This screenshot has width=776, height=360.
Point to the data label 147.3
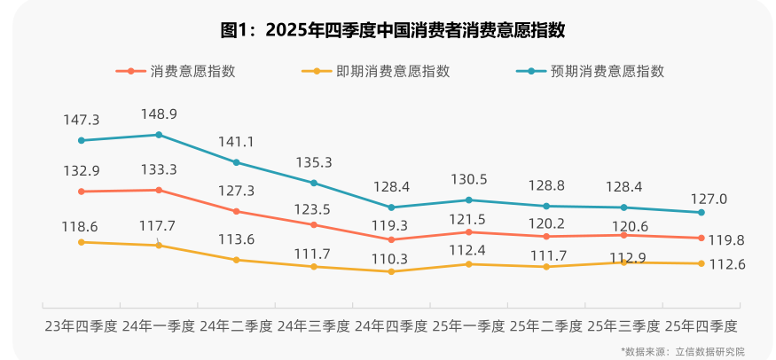[81, 120]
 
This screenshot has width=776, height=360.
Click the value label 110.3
[391, 258]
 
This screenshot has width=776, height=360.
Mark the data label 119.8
[726, 239]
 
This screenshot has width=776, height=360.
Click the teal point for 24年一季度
[159, 135]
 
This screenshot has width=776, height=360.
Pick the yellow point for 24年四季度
[391, 271]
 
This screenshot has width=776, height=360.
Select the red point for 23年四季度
[81, 192]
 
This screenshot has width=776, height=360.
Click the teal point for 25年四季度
[702, 213]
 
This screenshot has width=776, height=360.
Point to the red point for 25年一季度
[469, 232]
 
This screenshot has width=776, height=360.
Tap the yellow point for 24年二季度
[236, 260]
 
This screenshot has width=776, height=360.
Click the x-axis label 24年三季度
[314, 325]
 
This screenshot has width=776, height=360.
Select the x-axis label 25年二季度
[546, 325]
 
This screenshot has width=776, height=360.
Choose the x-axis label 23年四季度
[82, 325]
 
